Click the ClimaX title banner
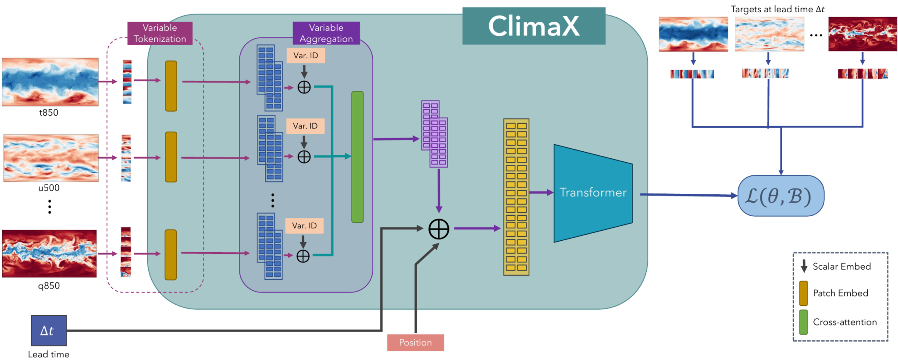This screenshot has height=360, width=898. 534,26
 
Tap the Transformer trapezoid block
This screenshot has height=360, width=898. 593,193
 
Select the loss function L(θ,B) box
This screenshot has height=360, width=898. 780,196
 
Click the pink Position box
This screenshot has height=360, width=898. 415,342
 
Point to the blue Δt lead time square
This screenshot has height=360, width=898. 49,331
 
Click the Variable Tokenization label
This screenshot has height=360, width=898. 160,33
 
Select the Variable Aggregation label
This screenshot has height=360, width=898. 326,33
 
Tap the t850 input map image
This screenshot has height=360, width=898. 50,82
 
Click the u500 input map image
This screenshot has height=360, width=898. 51,158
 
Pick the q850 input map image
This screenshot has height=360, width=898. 49,253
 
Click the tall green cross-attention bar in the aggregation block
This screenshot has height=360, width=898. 357,157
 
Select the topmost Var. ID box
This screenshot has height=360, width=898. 306,56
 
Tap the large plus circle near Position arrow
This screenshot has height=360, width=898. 438,229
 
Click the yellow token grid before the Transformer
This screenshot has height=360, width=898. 516,197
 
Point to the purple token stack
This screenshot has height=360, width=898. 435,134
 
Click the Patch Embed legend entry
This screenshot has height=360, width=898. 840,293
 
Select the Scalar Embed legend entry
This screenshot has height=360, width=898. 841,266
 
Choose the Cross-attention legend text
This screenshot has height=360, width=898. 845,322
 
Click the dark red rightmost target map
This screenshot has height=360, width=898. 862,34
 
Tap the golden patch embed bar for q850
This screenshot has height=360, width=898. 171,254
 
